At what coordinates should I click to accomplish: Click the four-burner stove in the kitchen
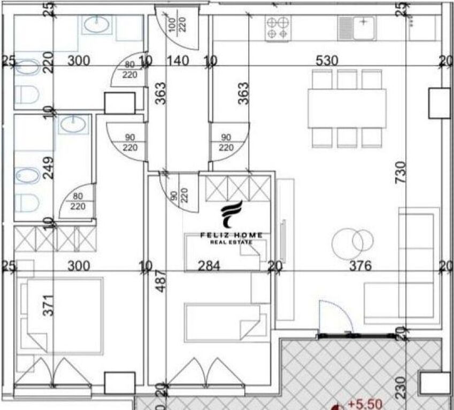278,28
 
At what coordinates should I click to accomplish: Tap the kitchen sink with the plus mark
358,26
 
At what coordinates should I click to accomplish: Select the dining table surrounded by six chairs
347,108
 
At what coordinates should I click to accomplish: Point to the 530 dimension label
327,61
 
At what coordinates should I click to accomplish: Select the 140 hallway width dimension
178,61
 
